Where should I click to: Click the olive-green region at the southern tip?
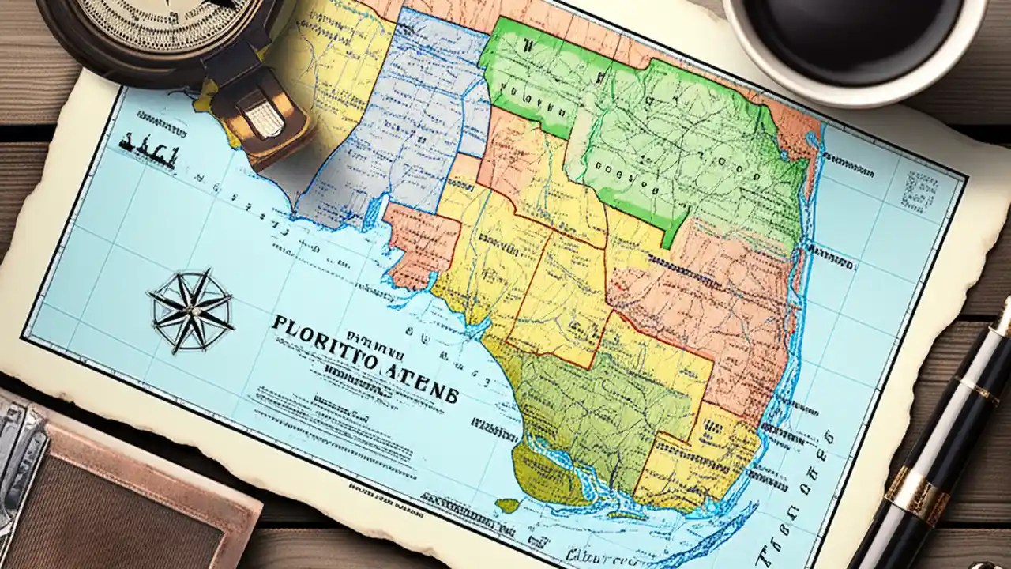point(584,419)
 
